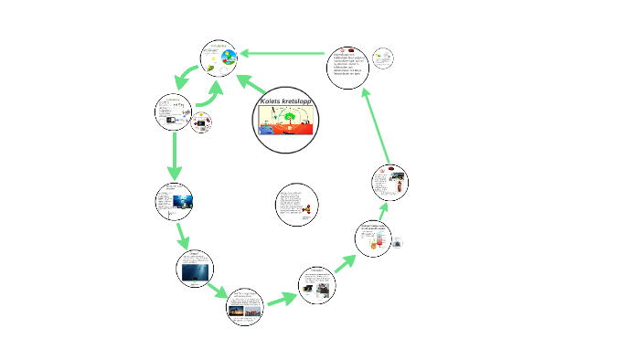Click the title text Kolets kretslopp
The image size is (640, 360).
pos(286,101)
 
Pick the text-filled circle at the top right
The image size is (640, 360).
pos(347,66)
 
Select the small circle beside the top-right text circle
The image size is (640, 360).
pos(383,58)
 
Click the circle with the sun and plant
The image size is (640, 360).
pos(219,60)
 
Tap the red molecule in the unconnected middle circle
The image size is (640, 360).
pos(307,210)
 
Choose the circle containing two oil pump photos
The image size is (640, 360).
pos(317,284)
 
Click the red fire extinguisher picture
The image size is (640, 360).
pos(399,190)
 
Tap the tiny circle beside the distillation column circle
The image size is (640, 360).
pos(399,242)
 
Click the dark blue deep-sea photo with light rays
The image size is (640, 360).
pos(194,271)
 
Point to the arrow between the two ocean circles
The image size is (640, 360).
pos(182,236)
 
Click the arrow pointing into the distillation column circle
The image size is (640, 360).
pos(345,263)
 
